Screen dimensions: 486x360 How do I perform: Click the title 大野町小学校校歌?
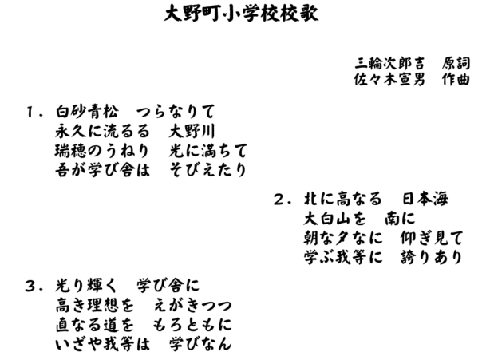[241, 14]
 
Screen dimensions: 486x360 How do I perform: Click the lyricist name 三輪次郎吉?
[389, 64]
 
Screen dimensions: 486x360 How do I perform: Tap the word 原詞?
[456, 64]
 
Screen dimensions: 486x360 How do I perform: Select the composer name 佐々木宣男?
[389, 79]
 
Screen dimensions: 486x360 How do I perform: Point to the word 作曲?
[456, 79]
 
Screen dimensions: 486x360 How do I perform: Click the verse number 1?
[34, 112]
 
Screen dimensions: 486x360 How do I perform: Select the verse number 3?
[34, 286]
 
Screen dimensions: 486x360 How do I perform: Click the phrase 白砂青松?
[87, 112]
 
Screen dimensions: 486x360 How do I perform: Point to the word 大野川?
[192, 131]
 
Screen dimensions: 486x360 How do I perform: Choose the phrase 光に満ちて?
[208, 151]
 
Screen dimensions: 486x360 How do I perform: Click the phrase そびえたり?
[208, 170]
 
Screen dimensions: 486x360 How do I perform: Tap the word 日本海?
[425, 199]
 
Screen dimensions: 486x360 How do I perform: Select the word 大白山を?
[335, 218]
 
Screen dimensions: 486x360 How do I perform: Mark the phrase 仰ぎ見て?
[432, 238]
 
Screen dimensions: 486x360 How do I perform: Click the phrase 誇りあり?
[432, 257]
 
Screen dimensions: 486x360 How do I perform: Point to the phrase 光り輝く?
[86, 286]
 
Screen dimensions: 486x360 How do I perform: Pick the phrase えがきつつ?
[192, 305]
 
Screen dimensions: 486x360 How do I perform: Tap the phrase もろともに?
[192, 325]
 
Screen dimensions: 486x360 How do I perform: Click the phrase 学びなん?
[200, 344]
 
